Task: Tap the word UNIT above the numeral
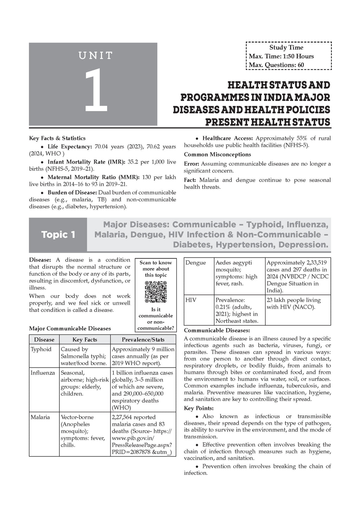[95, 56]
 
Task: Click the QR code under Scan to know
[156, 292]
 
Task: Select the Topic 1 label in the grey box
[58, 234]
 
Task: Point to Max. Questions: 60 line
[276, 65]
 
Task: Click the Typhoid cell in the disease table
[41, 349]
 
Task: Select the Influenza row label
[43, 372]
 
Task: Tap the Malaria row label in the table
[40, 417]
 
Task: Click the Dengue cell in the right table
[195, 263]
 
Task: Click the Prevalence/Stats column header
[143, 339]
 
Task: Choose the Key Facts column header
[84, 339]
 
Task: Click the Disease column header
[44, 339]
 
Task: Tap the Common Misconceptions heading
[217, 155]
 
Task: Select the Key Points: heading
[199, 408]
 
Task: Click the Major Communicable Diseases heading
[70, 329]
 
